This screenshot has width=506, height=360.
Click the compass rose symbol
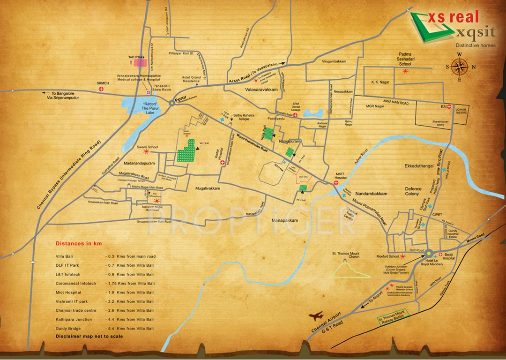461,67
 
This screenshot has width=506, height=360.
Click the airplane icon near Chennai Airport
318,317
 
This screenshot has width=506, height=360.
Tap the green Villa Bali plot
268,134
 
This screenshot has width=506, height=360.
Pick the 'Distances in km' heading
79,244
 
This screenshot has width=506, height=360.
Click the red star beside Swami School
147,152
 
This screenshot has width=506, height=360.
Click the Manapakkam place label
287,219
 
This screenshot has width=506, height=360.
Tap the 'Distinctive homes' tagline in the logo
476,45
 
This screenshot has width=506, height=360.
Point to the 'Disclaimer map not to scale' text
89,337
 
